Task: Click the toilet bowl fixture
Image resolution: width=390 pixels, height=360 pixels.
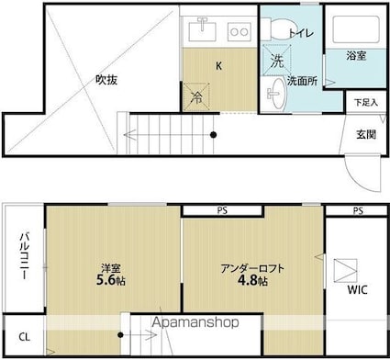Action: pyautogui.click(x=278, y=29)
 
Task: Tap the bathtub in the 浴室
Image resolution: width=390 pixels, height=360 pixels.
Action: pyautogui.click(x=356, y=29)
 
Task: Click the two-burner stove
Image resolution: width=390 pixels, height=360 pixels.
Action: pyautogui.click(x=239, y=31)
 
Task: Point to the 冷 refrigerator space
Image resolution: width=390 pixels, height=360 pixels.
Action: pyautogui.click(x=196, y=97)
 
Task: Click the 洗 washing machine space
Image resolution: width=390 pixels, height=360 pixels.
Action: pyautogui.click(x=277, y=60)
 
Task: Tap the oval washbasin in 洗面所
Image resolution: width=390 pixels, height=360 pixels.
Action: pyautogui.click(x=277, y=93)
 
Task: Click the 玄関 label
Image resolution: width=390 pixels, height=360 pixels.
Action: pyautogui.click(x=366, y=134)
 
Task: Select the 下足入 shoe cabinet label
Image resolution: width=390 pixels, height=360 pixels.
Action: pyautogui.click(x=366, y=103)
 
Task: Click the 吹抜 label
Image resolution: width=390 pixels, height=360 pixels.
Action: pyautogui.click(x=106, y=80)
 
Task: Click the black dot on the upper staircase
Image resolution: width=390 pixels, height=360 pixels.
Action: pyautogui.click(x=214, y=135)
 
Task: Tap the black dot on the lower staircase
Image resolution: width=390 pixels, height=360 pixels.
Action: pyautogui.click(x=120, y=335)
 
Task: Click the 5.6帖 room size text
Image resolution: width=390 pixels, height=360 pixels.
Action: pyautogui.click(x=111, y=280)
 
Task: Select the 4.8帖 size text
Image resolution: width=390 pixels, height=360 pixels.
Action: pyautogui.click(x=252, y=280)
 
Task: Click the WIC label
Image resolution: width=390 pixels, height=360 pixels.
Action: pyautogui.click(x=357, y=289)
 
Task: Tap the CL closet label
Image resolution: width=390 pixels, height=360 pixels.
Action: pyautogui.click(x=25, y=337)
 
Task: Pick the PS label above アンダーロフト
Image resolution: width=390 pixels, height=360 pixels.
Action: pyautogui.click(x=222, y=210)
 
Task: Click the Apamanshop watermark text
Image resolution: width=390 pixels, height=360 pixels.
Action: pyautogui.click(x=195, y=322)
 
